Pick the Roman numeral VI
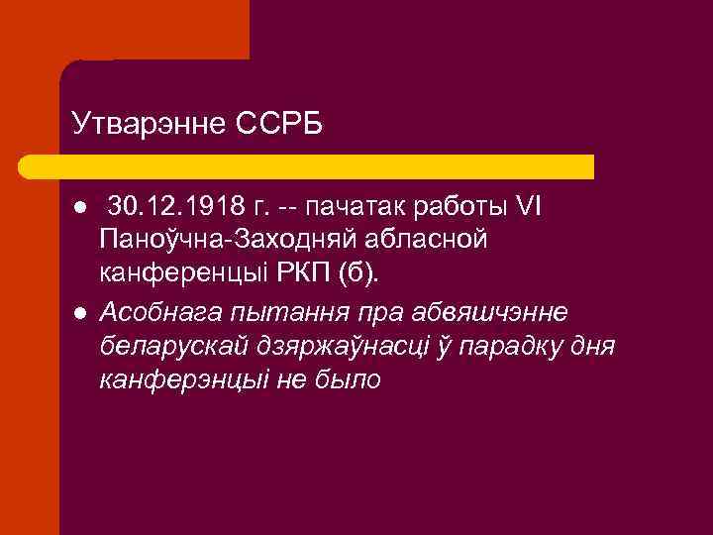pyautogui.click(x=537, y=208)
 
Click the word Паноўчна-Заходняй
pyautogui.click(x=226, y=241)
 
